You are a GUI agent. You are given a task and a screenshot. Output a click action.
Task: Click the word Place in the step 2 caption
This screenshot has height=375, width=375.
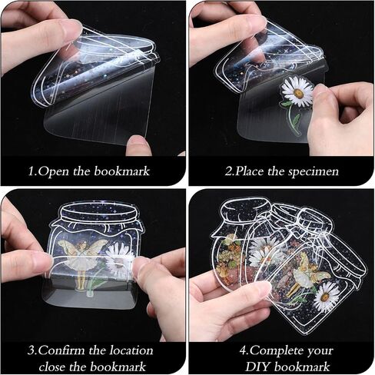(x=250, y=171)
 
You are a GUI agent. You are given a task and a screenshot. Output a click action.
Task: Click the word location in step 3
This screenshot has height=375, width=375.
(x=131, y=350)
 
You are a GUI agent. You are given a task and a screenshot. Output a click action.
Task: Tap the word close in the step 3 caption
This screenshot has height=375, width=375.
(x=52, y=367)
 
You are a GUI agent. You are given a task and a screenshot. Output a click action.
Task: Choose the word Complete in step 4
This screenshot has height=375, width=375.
(x=274, y=350)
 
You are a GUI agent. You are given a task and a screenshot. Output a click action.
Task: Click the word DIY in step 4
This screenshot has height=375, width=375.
(x=257, y=367)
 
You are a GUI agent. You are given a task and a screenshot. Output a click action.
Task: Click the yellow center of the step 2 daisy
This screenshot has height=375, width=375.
(x=298, y=94)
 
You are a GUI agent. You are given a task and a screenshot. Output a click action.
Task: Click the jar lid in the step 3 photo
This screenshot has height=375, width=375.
(x=100, y=211)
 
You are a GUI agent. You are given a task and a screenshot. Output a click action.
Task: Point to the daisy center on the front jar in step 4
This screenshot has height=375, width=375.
(x=325, y=297)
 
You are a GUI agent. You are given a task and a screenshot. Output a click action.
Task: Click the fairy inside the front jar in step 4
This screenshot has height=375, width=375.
(x=305, y=277)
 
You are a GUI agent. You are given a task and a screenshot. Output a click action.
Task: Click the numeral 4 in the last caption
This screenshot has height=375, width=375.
(x=243, y=350)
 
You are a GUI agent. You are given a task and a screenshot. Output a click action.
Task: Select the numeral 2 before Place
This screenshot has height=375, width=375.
(x=228, y=171)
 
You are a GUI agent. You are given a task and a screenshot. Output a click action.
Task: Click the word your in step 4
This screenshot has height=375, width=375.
(x=320, y=351)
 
